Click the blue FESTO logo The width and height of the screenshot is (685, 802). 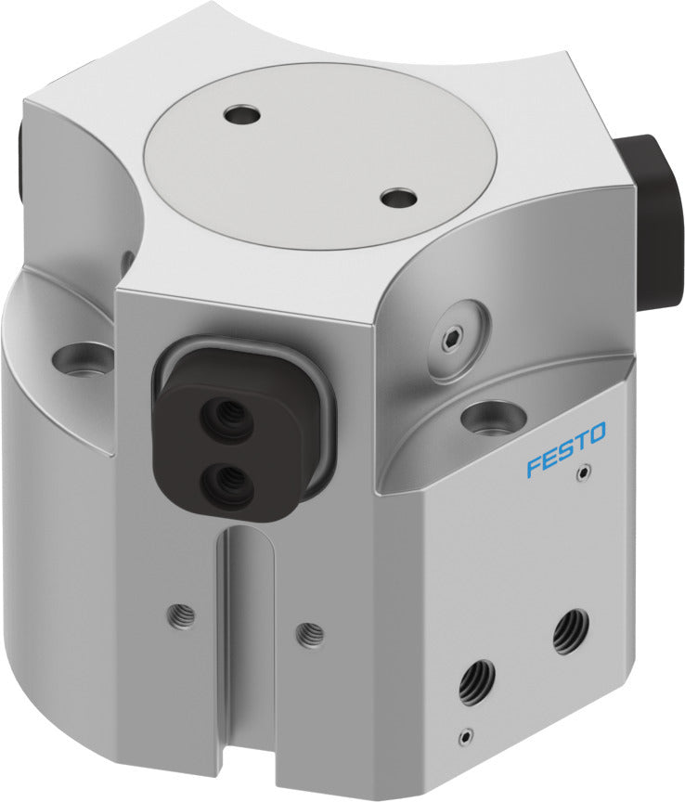[x=565, y=448]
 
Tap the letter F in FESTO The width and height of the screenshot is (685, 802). [x=533, y=465]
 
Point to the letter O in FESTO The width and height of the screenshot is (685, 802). [x=597, y=433]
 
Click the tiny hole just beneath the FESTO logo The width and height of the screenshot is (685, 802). [x=582, y=474]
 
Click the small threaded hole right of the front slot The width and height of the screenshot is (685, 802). [x=311, y=635]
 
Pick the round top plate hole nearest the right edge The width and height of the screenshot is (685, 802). [x=399, y=198]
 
